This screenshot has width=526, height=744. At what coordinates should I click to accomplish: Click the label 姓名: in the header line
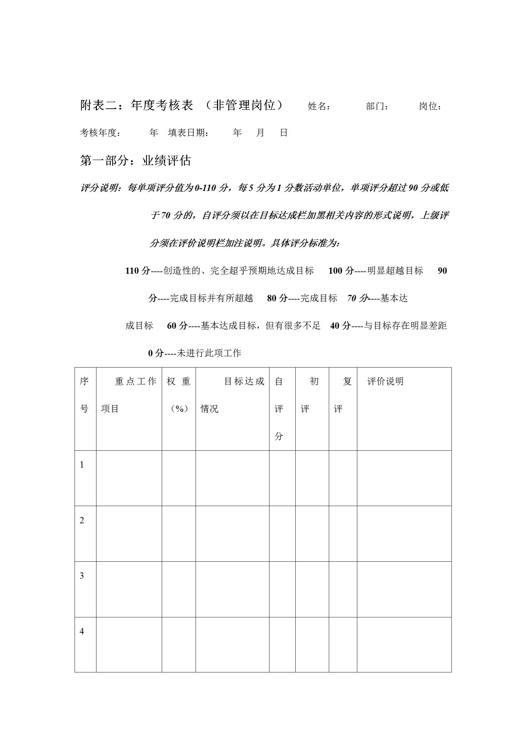[319, 106]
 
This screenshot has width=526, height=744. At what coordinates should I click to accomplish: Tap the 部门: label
[377, 106]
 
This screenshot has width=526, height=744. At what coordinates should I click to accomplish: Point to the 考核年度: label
[100, 133]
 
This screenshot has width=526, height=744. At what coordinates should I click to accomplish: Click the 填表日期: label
[188, 133]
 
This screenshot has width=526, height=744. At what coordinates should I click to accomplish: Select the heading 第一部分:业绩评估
[135, 161]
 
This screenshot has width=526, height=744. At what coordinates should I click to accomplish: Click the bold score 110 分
[138, 271]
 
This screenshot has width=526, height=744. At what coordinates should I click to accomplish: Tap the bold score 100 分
[341, 271]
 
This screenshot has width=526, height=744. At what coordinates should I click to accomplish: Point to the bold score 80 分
[277, 298]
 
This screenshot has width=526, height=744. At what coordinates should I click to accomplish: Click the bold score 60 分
[177, 326]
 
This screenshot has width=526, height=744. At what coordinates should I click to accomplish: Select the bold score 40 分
[340, 326]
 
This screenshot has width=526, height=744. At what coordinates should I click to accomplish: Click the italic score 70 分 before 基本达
[358, 298]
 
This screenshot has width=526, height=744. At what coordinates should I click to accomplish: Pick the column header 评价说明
[385, 381]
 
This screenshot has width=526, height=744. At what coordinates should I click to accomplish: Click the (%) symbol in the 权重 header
[179, 409]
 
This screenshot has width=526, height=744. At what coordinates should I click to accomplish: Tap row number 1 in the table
[82, 465]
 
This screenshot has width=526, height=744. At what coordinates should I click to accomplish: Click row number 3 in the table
[82, 576]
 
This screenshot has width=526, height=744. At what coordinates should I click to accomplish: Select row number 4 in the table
[82, 631]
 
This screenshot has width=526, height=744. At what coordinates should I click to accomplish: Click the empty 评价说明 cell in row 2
[404, 534]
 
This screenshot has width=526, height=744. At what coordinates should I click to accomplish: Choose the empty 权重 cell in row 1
[179, 478]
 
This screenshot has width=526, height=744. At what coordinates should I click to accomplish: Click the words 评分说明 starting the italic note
[99, 188]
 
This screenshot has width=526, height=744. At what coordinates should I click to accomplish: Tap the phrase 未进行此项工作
[209, 353]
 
